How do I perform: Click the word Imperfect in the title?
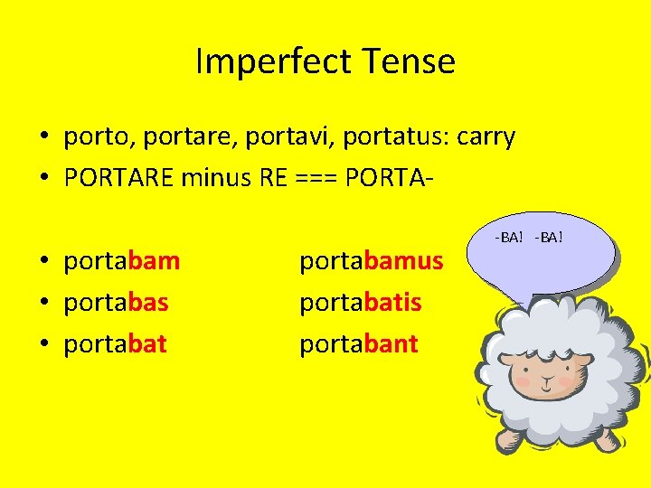271,61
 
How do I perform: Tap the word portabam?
122,261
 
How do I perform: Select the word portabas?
116,303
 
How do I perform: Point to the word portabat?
115,344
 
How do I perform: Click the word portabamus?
372,261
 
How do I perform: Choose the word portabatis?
361,303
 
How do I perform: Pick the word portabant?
359,344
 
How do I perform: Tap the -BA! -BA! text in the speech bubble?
529,238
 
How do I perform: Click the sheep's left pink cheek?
524,382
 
